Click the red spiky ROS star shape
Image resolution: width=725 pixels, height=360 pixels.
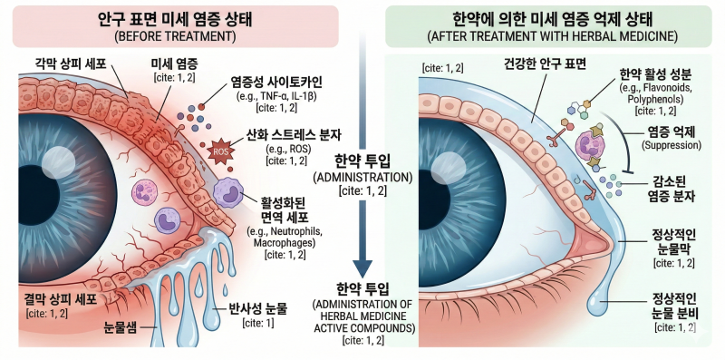[220, 151]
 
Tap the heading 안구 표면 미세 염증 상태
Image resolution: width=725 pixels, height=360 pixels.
[175, 19]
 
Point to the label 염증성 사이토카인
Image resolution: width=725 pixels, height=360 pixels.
[276, 83]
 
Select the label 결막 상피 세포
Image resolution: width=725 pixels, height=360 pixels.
[61, 299]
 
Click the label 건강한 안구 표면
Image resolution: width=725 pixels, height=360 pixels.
[545, 64]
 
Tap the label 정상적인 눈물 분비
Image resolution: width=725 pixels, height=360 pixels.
[676, 306]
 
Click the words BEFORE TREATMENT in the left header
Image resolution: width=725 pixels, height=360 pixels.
[176, 37]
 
